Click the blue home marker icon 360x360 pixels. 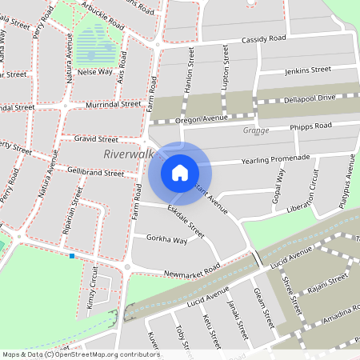[180, 172]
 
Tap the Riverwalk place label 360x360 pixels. [128, 154]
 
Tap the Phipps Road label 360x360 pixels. [312, 126]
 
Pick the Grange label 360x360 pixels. [255, 130]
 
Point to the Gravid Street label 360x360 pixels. [95, 138]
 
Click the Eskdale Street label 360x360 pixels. [186, 222]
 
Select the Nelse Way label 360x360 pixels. [94, 71]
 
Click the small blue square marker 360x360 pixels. [72, 256]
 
